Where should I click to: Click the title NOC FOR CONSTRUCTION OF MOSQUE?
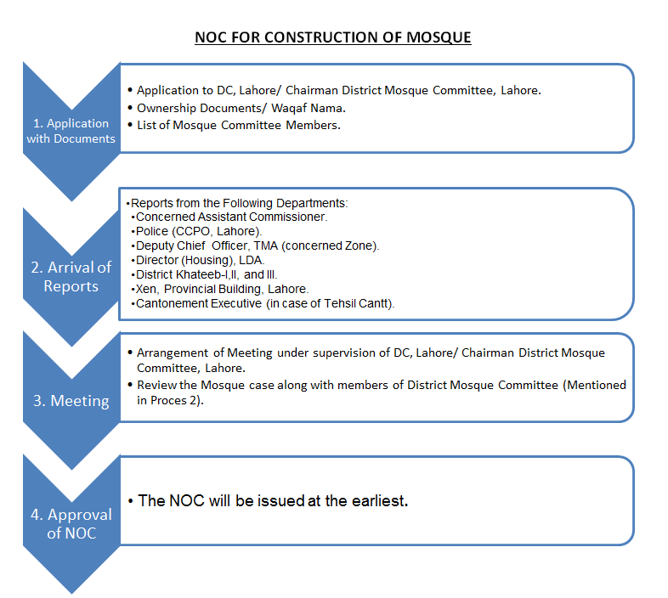[333, 37]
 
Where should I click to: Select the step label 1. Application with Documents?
[71, 131]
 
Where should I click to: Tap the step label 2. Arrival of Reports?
[71, 276]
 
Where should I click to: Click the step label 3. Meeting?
[71, 400]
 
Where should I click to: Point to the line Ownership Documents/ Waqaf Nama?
[241, 107]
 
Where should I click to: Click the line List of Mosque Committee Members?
[238, 125]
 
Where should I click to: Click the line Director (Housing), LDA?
[201, 259]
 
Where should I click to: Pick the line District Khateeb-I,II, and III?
[207, 274]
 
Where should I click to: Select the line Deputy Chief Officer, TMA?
[258, 245]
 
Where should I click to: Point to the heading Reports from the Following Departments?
[240, 203]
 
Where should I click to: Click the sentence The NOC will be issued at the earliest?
[273, 500]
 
